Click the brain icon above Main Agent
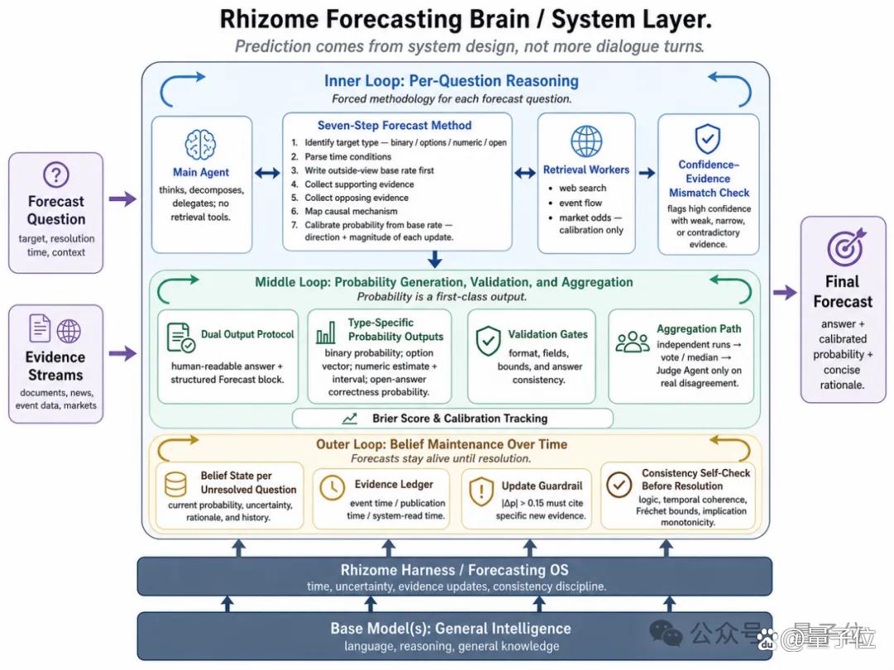tap(200, 144)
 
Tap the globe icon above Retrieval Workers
tap(586, 141)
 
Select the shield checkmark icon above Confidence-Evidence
tap(708, 138)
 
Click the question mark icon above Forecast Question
tap(56, 175)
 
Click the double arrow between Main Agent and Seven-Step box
tap(267, 173)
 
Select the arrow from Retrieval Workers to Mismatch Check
tap(646, 173)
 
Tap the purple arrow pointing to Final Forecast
tap(785, 292)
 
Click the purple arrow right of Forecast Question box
tap(123, 199)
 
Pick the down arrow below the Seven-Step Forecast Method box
tap(435, 259)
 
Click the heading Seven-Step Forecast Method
tap(395, 126)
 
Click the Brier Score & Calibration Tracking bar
tap(453, 419)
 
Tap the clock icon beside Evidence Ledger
tap(332, 488)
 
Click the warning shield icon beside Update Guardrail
tap(481, 491)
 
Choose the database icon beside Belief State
tap(175, 485)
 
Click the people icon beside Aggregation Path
tap(632, 342)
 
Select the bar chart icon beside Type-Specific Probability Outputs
tap(326, 333)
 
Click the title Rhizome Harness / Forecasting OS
tap(454, 570)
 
